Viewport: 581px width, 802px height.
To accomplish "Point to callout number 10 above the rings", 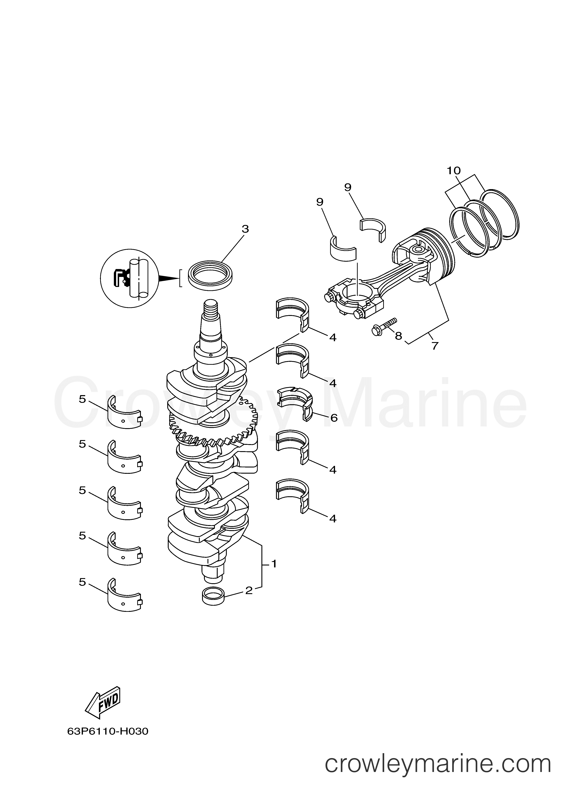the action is (454, 171).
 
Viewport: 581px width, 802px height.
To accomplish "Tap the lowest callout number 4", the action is (333, 519).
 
